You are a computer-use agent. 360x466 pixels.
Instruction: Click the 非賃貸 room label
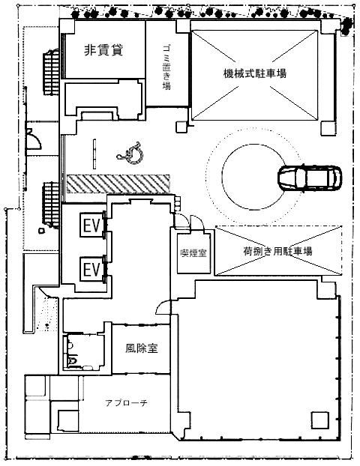[103, 50]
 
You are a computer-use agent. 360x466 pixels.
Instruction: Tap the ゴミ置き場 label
[166, 67]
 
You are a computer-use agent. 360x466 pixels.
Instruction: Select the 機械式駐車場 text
[255, 73]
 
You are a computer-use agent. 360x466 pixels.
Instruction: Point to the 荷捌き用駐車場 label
[278, 252]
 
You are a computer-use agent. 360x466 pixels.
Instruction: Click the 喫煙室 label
[193, 253]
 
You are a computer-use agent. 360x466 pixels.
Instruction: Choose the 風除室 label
[141, 348]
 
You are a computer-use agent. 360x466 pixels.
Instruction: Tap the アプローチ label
[127, 403]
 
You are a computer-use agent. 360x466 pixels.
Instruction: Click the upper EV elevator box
[91, 225]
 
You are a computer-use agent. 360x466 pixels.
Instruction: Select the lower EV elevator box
[91, 270]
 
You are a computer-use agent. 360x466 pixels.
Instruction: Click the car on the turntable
[310, 178]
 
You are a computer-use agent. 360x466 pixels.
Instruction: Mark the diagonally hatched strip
[118, 184]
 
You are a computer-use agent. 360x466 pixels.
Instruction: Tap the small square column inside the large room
[319, 420]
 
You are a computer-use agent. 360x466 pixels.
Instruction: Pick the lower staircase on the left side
[51, 205]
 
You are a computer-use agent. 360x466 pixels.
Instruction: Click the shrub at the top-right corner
[346, 25]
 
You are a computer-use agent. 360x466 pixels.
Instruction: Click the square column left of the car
[182, 127]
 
